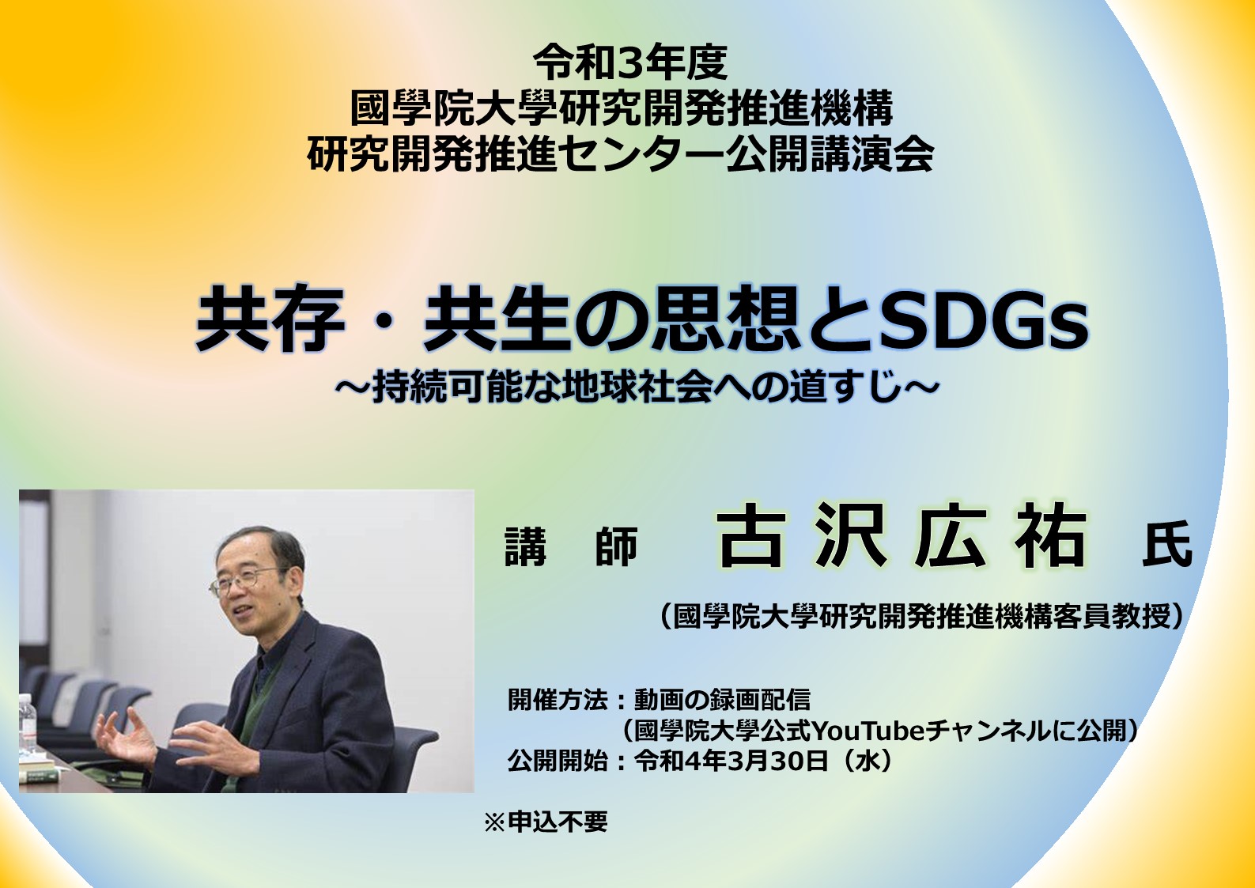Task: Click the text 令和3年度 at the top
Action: pos(630,62)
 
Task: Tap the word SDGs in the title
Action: pos(984,320)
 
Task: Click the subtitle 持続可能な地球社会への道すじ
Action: pos(635,386)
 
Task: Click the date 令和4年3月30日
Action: pos(731,761)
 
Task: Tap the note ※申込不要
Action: pos(546,822)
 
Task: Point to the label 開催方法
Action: pos(558,700)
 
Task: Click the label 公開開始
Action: pos(558,761)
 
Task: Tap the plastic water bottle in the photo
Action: pos(27,724)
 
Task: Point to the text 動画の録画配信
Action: pos(722,700)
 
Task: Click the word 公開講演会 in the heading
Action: pos(830,153)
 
